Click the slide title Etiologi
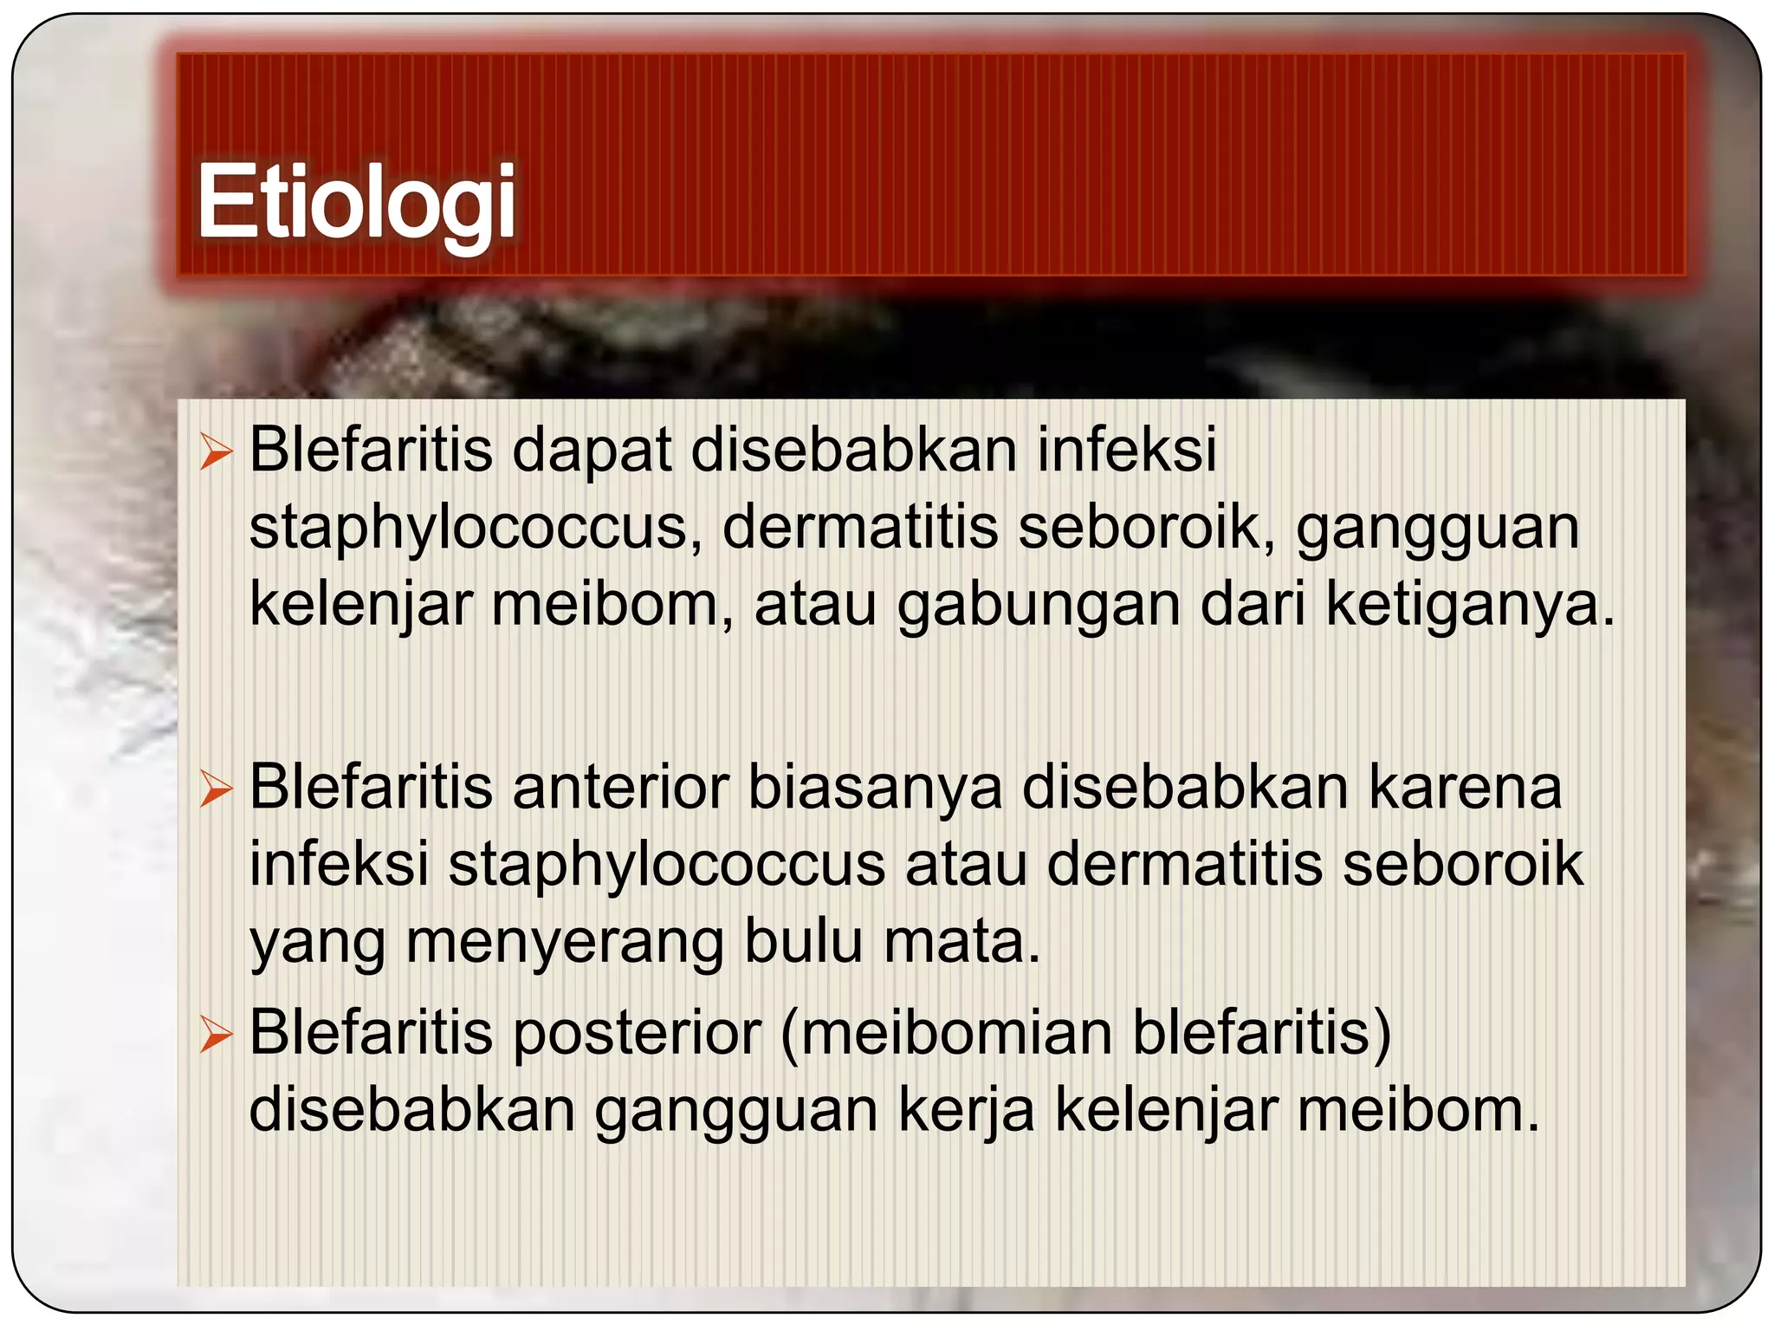click(x=356, y=202)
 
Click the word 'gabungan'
click(x=1038, y=606)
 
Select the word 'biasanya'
click(x=875, y=789)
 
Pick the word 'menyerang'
click(x=564, y=943)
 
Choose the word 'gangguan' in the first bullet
click(x=1437, y=529)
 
